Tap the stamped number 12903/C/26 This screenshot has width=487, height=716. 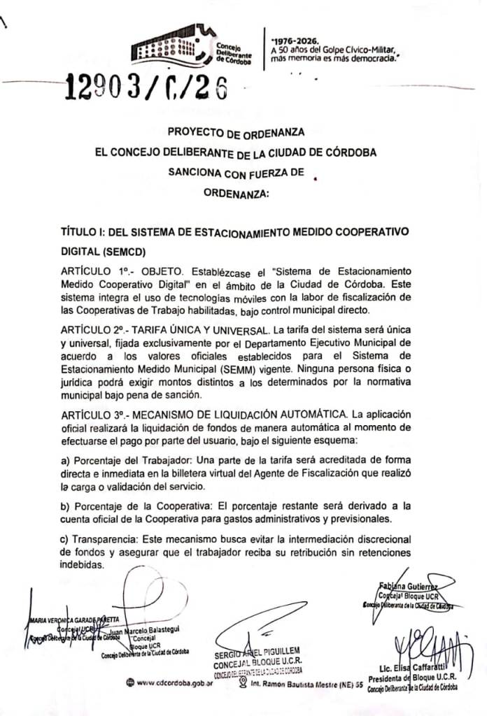pos(147,89)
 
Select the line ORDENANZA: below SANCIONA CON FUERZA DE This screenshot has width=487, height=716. pos(236,194)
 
